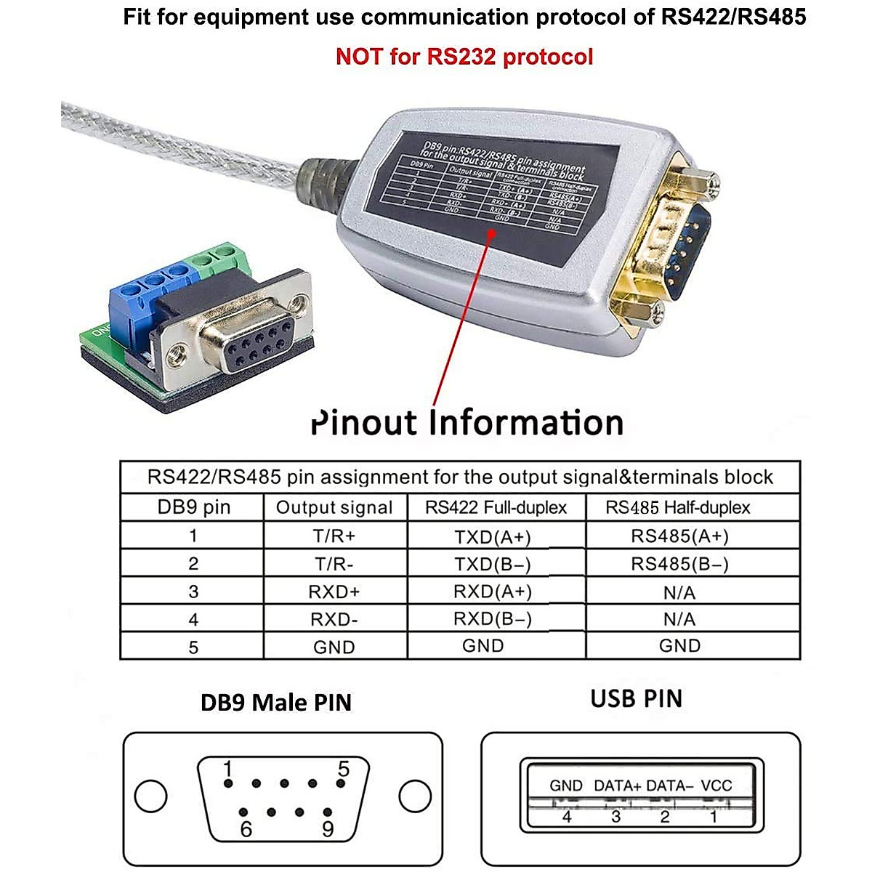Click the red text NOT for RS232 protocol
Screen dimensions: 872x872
[464, 57]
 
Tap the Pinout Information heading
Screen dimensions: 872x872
[467, 423]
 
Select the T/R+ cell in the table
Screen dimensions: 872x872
[334, 536]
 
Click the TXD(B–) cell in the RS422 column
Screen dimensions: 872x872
[493, 564]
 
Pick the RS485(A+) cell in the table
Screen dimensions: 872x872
[679, 536]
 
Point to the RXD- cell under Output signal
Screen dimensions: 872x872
[334, 620]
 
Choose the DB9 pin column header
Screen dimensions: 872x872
[193, 507]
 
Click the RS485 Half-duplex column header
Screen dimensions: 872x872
[678, 507]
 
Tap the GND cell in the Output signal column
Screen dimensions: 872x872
[334, 647]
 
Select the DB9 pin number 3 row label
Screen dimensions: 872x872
[193, 592]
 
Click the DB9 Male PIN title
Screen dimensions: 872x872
[276, 703]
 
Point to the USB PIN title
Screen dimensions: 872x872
[637, 699]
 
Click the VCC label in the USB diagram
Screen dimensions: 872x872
[716, 786]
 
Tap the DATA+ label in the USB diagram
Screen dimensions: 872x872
[618, 786]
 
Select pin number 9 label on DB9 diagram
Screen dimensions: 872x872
[328, 829]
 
